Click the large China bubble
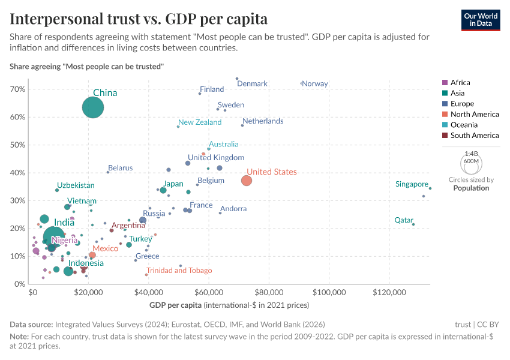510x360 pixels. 92,107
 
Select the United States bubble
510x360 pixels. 247,181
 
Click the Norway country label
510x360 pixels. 315,83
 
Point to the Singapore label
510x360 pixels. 412,184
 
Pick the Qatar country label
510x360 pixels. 403,220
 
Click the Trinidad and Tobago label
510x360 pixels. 179,271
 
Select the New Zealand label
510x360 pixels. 200,122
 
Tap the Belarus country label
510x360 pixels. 120,168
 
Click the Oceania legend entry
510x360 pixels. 464,125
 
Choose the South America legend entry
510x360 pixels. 474,136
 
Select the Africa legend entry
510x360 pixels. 460,83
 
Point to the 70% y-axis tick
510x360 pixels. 17,89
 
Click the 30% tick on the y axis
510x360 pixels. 17,201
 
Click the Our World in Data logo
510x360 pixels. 481,19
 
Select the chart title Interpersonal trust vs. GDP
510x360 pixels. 139,19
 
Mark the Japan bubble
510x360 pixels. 163,190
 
